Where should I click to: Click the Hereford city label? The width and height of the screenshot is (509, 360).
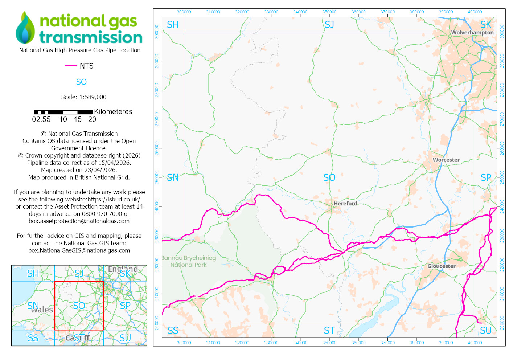click(345, 204)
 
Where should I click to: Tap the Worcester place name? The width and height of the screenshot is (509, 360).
click(446, 160)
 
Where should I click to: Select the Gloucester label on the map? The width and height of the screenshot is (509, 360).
click(441, 266)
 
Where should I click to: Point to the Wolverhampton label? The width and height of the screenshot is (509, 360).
click(472, 33)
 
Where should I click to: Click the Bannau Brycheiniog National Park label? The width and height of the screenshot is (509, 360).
click(188, 261)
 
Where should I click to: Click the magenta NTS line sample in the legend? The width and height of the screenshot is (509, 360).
click(70, 66)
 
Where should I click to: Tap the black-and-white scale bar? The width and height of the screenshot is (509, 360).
click(63, 112)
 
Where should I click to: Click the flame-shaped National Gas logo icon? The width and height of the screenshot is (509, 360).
click(25, 28)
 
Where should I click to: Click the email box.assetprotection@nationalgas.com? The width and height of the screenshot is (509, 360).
click(79, 221)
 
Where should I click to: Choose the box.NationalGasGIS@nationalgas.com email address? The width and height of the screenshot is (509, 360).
click(79, 250)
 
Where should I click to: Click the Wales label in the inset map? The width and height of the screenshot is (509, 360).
click(42, 310)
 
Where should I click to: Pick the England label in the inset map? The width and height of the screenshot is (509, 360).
click(123, 269)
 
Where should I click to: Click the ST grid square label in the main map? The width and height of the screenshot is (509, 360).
click(329, 331)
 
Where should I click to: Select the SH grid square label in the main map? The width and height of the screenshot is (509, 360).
click(173, 25)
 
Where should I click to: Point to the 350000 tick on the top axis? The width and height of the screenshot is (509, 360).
click(329, 12)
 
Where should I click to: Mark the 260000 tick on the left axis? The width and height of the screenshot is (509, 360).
click(157, 148)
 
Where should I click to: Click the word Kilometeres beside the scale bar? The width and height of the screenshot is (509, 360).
click(113, 112)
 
